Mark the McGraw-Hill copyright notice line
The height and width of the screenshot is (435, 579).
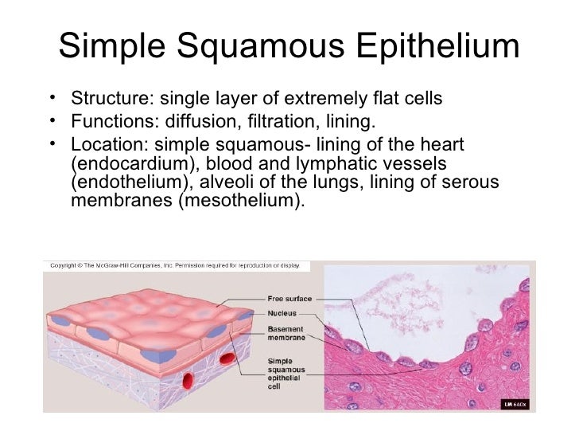176,265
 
